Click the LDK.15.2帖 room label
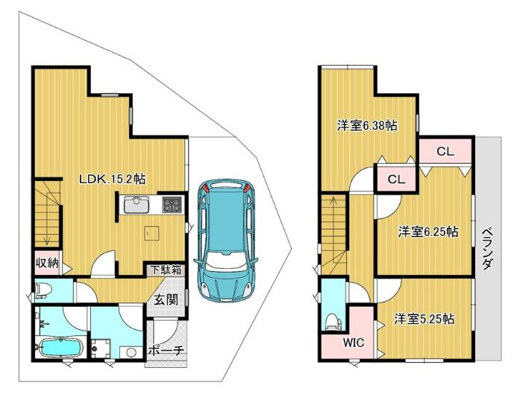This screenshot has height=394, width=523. coord(113,179)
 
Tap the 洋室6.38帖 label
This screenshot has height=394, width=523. coord(365,126)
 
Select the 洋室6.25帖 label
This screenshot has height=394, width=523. coord(428,231)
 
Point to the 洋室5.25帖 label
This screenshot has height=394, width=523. coord(425,319)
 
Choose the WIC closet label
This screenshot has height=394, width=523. coord(353,343)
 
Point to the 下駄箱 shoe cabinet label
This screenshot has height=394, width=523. coord(166,270)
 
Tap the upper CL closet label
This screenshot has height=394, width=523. coord(445,151)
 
